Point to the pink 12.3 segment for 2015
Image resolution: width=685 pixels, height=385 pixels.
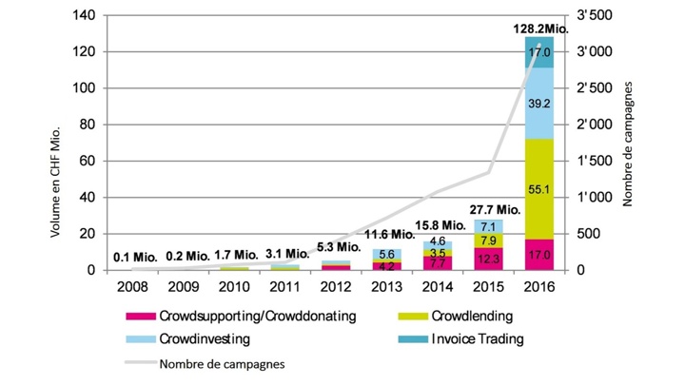click(489, 259)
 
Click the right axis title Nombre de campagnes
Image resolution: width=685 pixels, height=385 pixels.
click(629, 143)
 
